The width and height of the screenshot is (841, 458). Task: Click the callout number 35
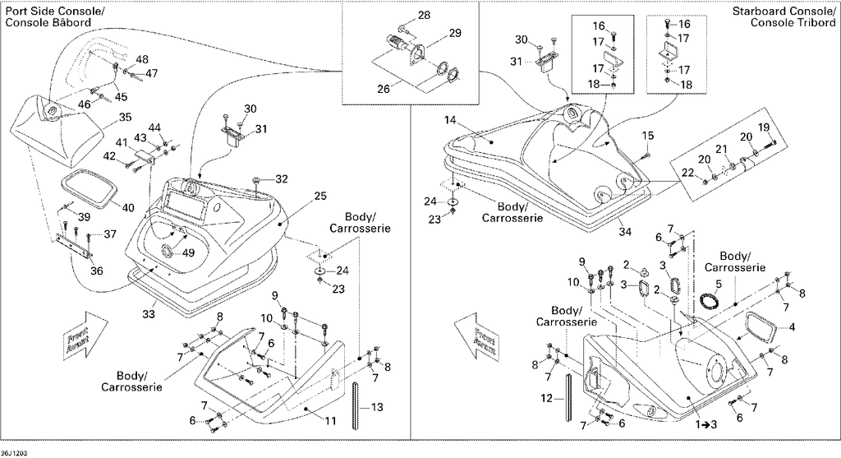125,117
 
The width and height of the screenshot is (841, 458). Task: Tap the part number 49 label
189,253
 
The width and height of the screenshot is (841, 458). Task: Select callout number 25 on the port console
320,196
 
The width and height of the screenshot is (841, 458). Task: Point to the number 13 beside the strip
377,408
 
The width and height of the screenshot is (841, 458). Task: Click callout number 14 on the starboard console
451,120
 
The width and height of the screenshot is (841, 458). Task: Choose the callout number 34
625,232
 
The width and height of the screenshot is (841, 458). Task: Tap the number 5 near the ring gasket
719,283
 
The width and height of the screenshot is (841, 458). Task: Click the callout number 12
546,399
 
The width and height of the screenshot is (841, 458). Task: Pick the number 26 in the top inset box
384,89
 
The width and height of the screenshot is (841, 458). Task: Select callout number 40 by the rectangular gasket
128,207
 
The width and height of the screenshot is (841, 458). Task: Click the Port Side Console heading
48,16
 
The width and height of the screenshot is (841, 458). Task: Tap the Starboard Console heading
784,16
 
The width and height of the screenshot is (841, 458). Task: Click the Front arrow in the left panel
85,334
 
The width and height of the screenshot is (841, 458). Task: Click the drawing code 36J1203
14,453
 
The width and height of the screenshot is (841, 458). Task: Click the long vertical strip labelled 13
355,405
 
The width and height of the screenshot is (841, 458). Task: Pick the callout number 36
97,271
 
